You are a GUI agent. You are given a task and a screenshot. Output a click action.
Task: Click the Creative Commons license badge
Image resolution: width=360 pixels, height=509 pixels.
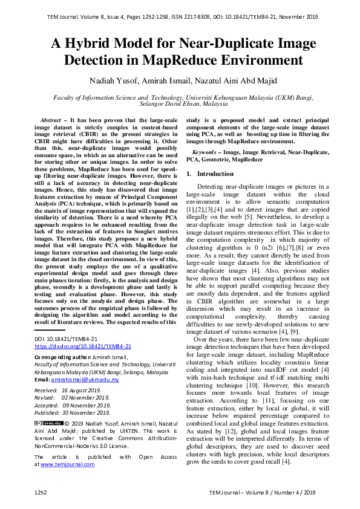point(49,423)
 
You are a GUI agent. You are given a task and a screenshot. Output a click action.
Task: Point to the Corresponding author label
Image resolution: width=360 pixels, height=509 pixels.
point(62,357)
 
